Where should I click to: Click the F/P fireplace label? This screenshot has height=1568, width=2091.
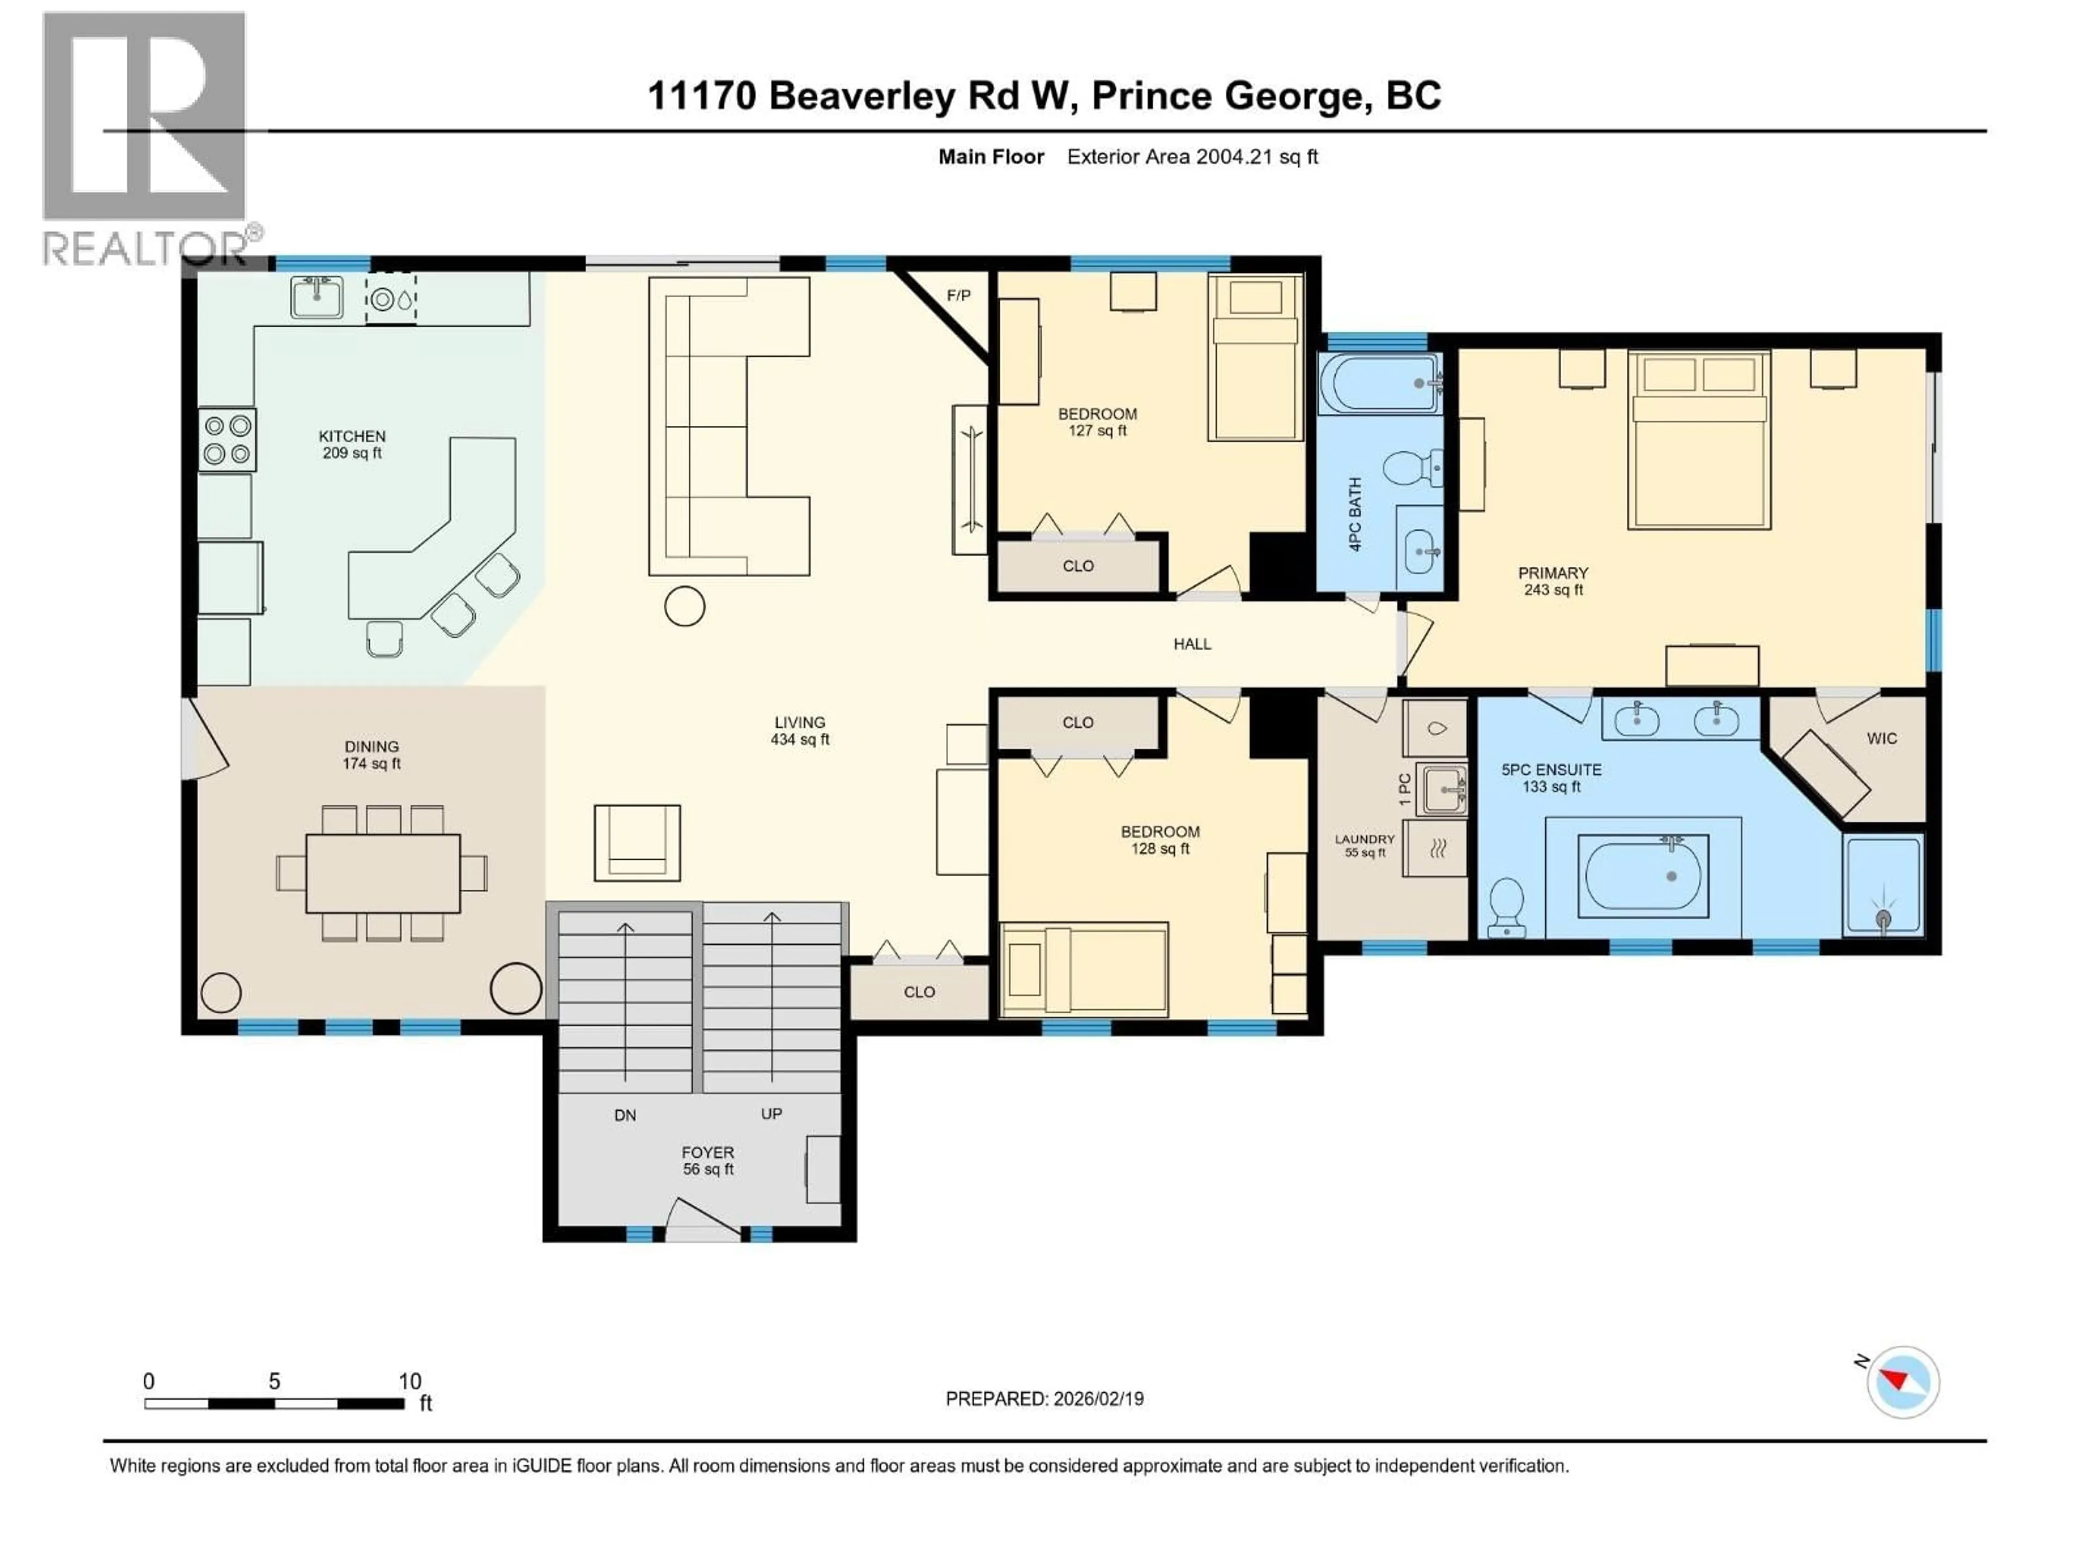click(x=958, y=296)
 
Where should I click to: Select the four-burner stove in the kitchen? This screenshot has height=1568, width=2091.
click(x=227, y=439)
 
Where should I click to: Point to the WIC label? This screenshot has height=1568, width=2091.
click(x=1881, y=738)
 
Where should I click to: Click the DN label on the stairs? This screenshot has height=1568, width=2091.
click(x=625, y=1115)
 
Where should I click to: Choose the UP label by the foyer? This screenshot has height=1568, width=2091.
click(x=772, y=1113)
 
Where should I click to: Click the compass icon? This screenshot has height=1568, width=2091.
click(x=1903, y=1382)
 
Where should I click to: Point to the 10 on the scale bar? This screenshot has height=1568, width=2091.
click(x=409, y=1381)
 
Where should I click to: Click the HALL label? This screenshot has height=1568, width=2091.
click(x=1192, y=644)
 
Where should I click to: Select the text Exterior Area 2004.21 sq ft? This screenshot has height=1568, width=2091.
click(x=1192, y=157)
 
